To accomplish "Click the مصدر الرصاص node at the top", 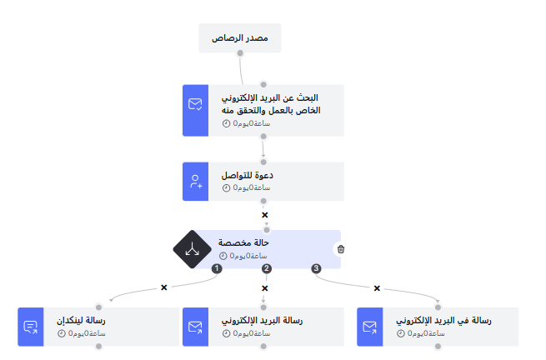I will (x=239, y=38).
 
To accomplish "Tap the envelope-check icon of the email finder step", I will (x=195, y=104).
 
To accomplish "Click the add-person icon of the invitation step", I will (x=195, y=181).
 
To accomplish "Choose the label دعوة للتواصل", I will (x=248, y=176).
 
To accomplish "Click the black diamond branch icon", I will (x=193, y=249).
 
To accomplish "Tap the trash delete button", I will (x=340, y=248).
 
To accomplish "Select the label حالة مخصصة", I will (x=243, y=243).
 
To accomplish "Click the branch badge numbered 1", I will (x=217, y=268).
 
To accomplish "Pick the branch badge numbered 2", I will (x=267, y=268).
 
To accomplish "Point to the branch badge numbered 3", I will (x=316, y=268).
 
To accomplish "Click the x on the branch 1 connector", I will (x=163, y=287).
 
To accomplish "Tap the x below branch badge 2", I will (x=264, y=288).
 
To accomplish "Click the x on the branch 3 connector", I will (x=377, y=288).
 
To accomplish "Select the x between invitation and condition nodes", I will (x=264, y=215).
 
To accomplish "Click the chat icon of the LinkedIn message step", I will (x=30, y=327).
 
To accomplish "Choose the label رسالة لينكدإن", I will (x=81, y=321).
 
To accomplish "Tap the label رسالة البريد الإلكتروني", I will (x=262, y=321).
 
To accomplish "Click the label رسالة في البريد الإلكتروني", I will (x=443, y=321).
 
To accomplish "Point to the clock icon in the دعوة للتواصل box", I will (x=226, y=187).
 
